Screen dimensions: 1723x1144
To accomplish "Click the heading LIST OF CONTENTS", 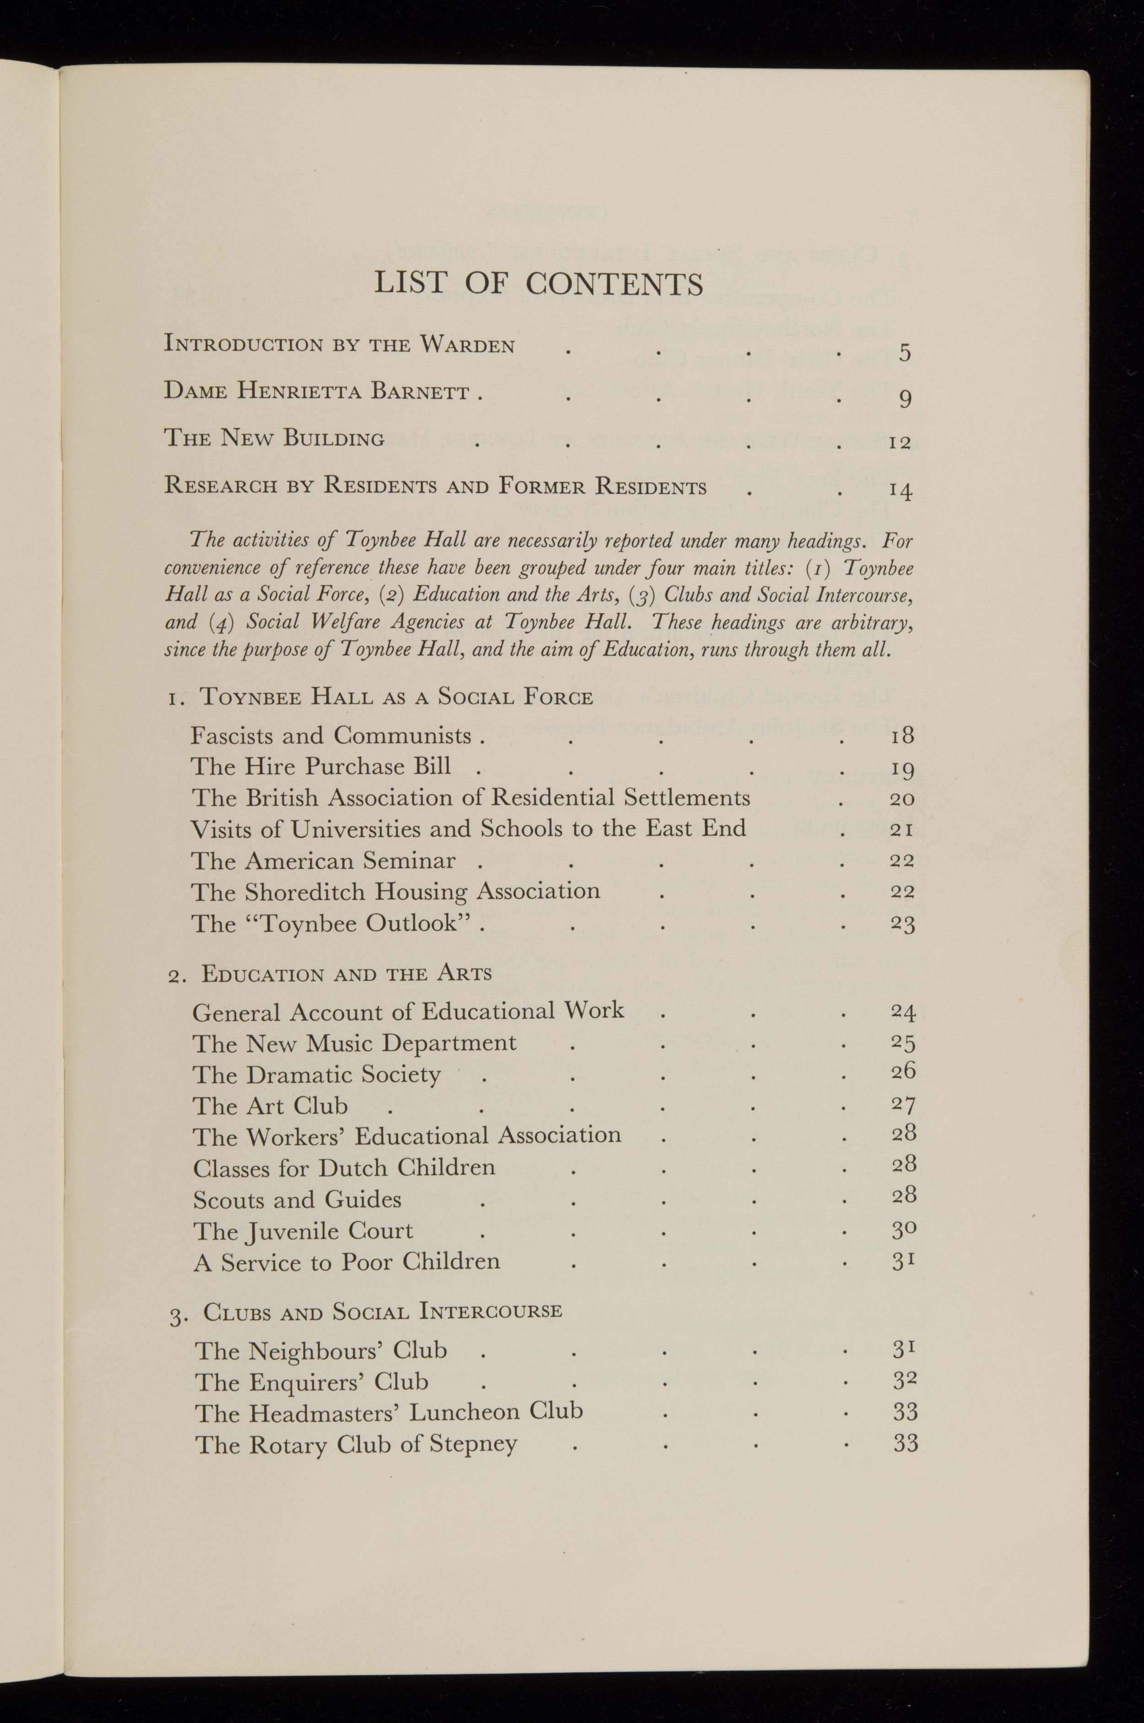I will pos(539,283).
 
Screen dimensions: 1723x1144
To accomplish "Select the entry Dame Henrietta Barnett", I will pos(316,391).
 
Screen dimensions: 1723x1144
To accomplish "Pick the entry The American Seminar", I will pos(323,861).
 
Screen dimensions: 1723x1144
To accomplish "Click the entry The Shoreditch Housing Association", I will pos(395,892).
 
